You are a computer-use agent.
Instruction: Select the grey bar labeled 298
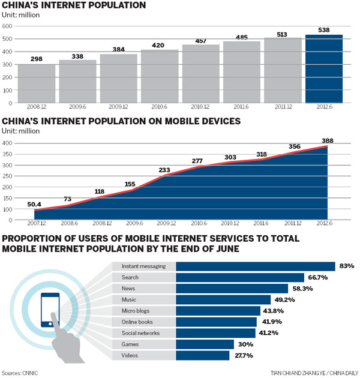pyautogui.click(x=37, y=84)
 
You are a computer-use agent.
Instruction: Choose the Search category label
pyautogui.click(x=130, y=277)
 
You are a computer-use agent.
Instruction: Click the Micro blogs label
pyautogui.click(x=135, y=310)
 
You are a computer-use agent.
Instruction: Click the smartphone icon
pyautogui.click(x=50, y=309)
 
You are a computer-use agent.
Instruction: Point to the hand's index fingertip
pyautogui.click(x=54, y=316)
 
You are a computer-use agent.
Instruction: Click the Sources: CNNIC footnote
pyautogui.click(x=20, y=373)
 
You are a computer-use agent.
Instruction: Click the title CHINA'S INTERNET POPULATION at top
pyautogui.click(x=74, y=6)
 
